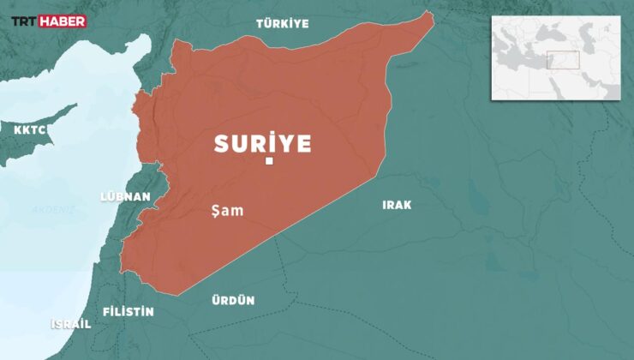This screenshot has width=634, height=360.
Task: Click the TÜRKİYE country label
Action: click(x=282, y=24)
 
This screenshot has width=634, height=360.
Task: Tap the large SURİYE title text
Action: click(x=262, y=143)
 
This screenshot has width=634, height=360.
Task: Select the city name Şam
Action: click(x=227, y=209)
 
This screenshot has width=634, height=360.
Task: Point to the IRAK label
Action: click(x=397, y=205)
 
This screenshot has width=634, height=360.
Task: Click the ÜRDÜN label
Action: click(x=233, y=300)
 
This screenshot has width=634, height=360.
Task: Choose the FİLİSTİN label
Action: click(x=128, y=311)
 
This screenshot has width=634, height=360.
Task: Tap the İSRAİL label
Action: click(x=71, y=325)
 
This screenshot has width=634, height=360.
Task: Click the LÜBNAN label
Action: click(x=125, y=196)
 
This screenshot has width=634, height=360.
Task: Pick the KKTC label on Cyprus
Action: click(x=30, y=130)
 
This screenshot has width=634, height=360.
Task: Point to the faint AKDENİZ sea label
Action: click(x=53, y=210)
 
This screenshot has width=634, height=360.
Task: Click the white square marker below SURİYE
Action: click(x=269, y=161)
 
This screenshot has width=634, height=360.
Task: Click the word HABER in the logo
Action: click(x=65, y=21)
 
